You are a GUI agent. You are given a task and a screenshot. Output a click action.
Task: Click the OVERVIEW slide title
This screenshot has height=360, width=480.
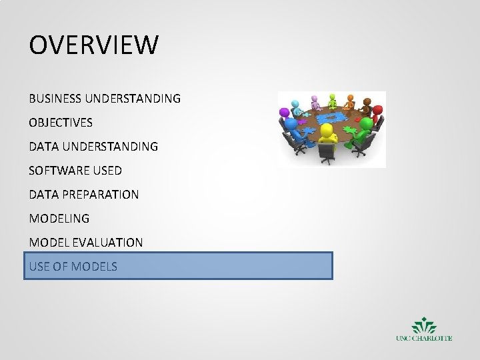[94, 46]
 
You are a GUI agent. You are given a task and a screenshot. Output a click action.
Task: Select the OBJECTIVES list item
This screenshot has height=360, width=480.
[61, 123]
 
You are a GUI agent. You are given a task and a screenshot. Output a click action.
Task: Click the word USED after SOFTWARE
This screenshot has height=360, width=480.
[107, 171]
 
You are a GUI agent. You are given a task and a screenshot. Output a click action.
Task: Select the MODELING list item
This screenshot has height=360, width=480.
[59, 219]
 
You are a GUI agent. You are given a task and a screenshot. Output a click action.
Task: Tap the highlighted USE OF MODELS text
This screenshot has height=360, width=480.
[73, 267]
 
